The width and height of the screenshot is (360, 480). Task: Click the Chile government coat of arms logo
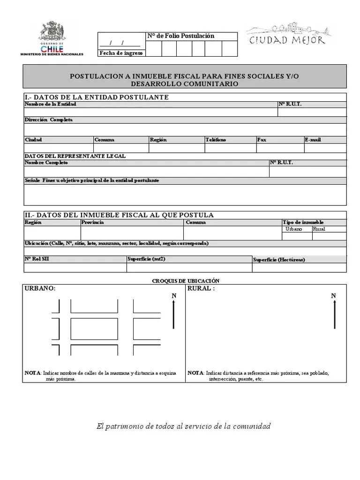pos(52,35)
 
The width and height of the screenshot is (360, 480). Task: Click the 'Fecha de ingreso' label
pos(120,53)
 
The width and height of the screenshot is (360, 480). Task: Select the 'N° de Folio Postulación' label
pos(180,36)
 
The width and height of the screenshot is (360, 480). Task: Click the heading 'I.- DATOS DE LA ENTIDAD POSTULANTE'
pos(96,97)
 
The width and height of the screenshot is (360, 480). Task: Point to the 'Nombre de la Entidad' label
pos(51,104)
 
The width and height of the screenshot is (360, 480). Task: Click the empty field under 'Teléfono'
pos(230,148)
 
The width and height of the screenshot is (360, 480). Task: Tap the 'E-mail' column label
pos(313,140)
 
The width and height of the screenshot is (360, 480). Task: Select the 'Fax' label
pos(262,140)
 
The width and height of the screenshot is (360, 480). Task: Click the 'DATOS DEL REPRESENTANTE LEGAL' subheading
pos(75,156)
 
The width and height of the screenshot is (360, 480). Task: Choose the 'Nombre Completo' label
pos(46,162)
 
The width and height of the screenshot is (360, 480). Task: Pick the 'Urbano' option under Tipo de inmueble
pos(294,229)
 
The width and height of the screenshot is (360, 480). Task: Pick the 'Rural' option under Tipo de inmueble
pos(319,229)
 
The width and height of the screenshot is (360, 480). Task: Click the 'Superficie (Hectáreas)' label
pos(278,260)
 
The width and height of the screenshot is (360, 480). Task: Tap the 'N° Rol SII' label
pos(37,258)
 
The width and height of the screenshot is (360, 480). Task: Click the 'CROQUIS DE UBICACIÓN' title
pos(186,280)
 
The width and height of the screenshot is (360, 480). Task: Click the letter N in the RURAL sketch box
pos(334,296)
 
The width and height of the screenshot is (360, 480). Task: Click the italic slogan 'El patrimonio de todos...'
pos(183,426)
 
